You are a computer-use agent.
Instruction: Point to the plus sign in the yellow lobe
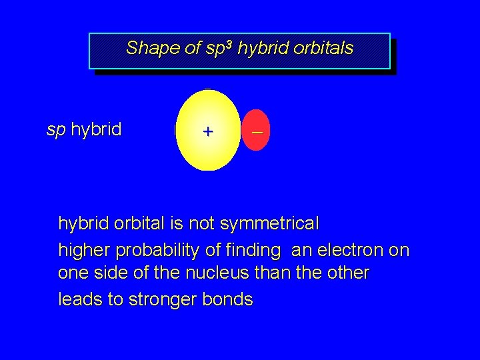click(208, 131)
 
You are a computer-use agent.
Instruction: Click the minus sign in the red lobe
click(257, 132)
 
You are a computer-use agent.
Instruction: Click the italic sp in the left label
click(55, 129)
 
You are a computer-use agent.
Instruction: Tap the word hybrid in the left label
click(96, 129)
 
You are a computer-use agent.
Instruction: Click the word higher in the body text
click(85, 251)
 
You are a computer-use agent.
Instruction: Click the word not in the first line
click(201, 223)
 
